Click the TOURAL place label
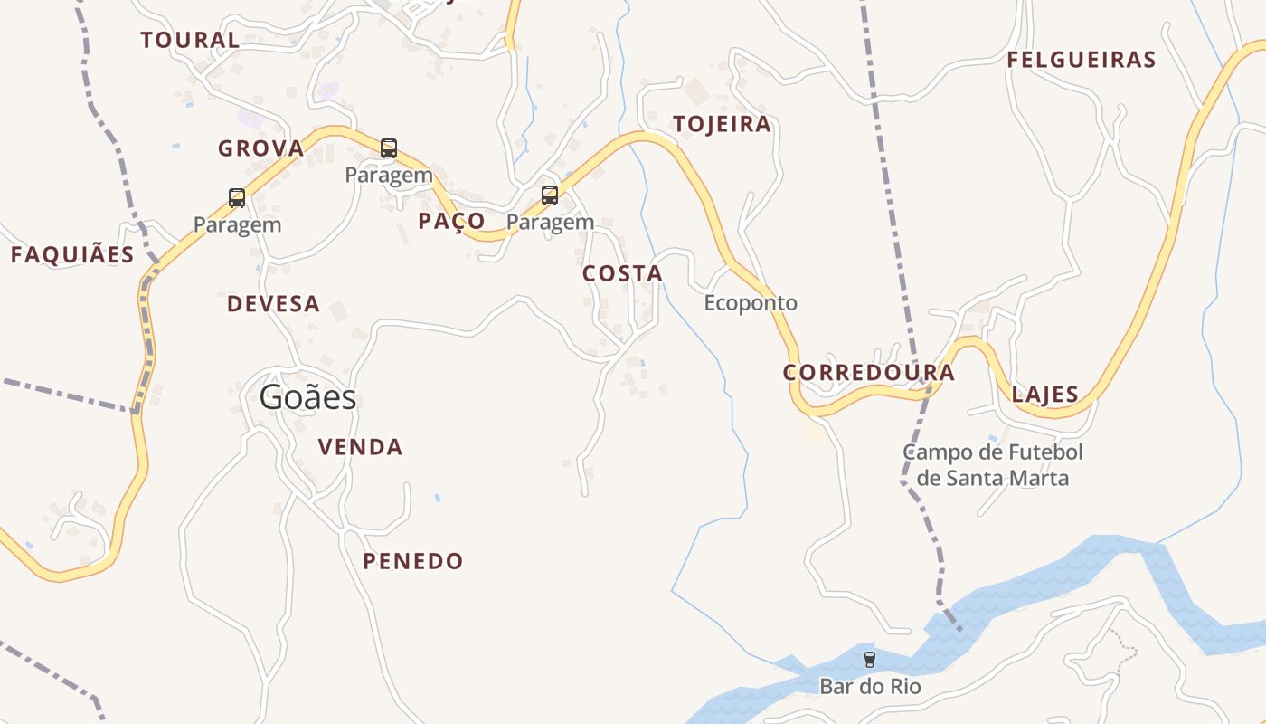[190, 40]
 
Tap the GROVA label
[260, 148]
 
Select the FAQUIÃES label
[72, 255]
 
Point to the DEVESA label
[273, 304]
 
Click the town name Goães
[307, 397]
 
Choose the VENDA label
[360, 447]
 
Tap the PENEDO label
[412, 562]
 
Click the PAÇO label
[451, 222]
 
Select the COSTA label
[622, 273]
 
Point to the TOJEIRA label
[722, 125]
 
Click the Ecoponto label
[751, 303]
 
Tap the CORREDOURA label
[868, 373]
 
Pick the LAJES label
[1044, 395]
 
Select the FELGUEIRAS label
[1082, 61]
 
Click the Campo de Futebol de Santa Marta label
[992, 465]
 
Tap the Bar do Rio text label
[870, 687]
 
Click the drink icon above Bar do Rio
[870, 660]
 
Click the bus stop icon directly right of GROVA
[389, 148]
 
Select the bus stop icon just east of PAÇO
[550, 195]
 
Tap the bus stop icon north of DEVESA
[237, 198]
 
